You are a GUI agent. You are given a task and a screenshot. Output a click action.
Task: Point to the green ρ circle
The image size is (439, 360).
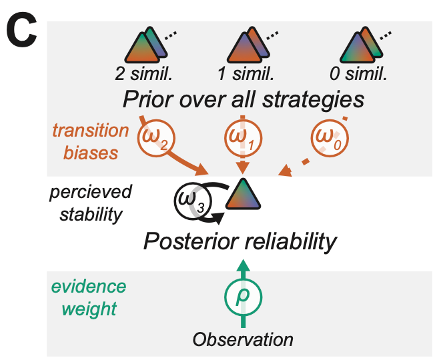coord(244,295)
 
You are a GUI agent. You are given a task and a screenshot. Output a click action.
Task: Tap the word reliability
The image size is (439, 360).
coord(289,241)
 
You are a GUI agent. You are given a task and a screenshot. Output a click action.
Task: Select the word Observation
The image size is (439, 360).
coord(243,339)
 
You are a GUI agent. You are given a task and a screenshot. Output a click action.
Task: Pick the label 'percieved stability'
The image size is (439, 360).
coord(90,203)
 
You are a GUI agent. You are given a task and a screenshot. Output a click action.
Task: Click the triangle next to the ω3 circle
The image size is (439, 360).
coord(239,195)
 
